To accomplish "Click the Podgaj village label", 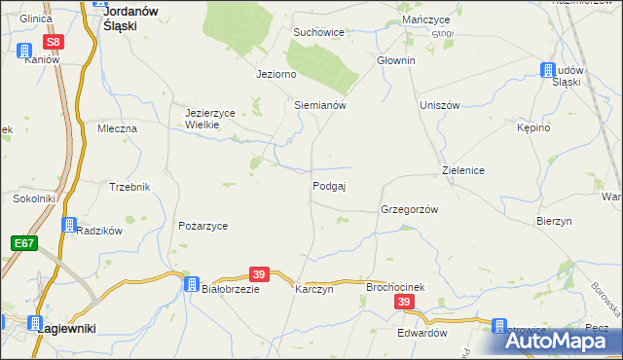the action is pos(329,186).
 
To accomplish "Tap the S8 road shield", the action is pos(54,42).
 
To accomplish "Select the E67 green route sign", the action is pos(25,242).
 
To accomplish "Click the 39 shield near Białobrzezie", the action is pos(258,275).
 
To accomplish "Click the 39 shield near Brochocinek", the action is pos(405,304).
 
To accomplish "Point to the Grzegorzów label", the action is pos(410,209).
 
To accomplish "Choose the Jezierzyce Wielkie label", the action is pos(210,119).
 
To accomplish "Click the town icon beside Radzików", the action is pos(68,225).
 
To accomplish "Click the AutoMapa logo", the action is pos(555,341).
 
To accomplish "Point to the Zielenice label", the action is pos(463,169).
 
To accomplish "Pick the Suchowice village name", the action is pos(319,32).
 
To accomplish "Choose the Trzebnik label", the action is pos(129,187).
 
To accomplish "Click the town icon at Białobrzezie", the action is pos(192,282).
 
